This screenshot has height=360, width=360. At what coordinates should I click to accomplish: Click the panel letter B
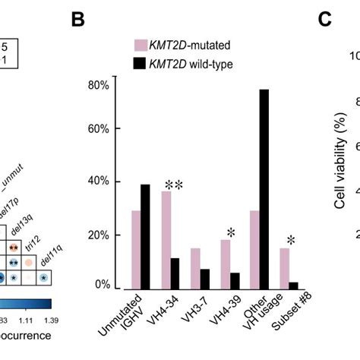tap(78, 20)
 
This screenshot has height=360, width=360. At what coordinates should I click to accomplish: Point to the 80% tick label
tap(99, 84)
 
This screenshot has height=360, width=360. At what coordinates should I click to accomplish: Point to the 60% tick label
tap(99, 129)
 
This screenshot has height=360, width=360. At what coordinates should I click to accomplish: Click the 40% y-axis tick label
tap(99, 182)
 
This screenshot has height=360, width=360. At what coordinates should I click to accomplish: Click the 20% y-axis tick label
tap(99, 235)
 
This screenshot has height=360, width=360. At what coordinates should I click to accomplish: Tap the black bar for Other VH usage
tap(264, 189)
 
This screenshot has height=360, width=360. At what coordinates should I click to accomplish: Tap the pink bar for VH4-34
tap(166, 240)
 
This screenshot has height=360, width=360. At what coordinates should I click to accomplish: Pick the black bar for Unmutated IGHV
tap(145, 236)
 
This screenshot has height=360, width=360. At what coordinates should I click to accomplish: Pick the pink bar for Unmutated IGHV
tap(135, 250)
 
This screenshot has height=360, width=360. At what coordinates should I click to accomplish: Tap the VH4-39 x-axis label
tap(222, 312)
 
